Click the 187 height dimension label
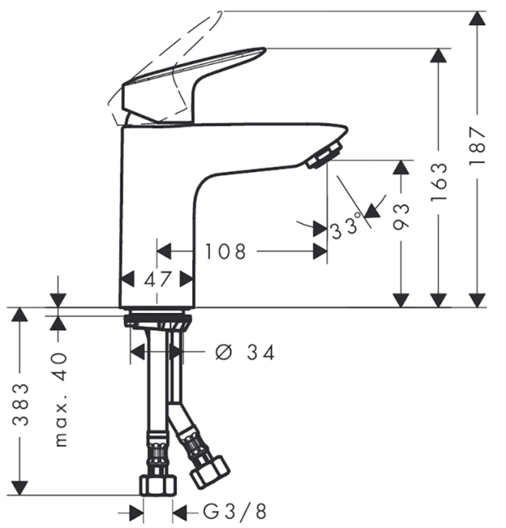[477, 146]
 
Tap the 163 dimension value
[439, 183]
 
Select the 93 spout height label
[401, 216]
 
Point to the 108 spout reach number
[225, 251]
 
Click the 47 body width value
[157, 279]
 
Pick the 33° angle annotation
[347, 226]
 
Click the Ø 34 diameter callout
[245, 352]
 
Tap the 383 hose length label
[20, 404]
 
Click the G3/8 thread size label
[235, 512]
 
